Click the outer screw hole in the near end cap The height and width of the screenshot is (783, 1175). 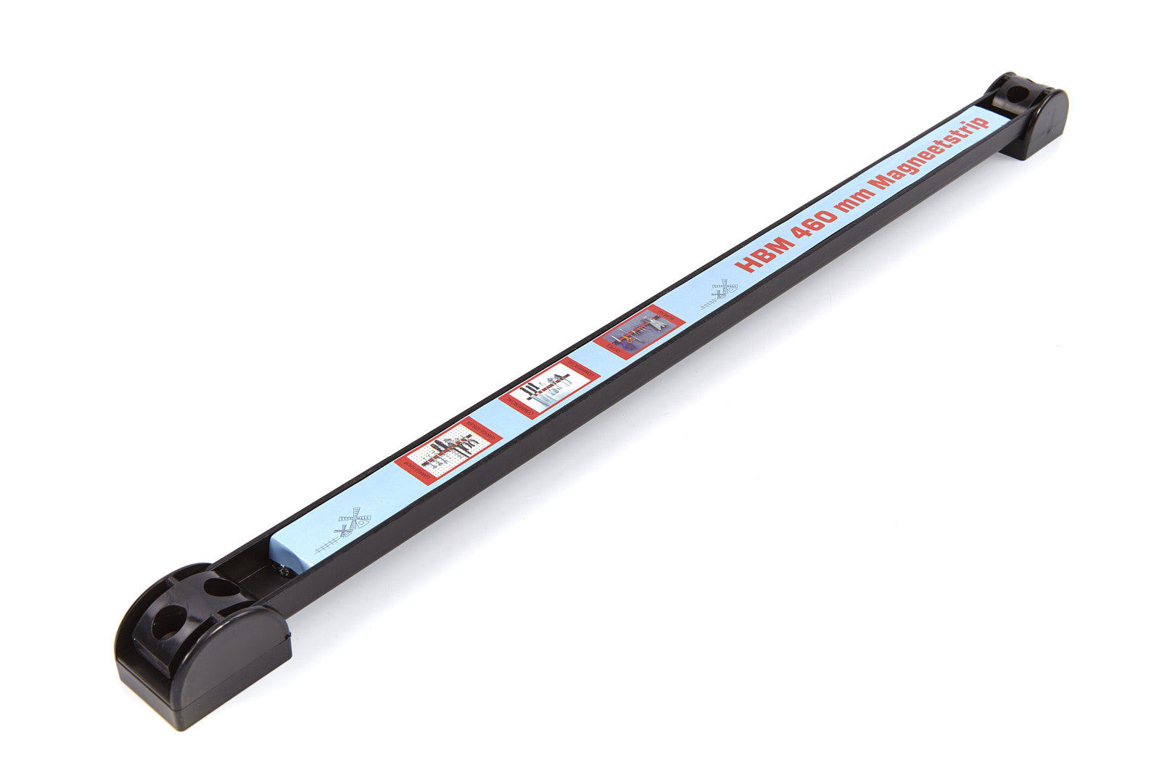(x=168, y=622)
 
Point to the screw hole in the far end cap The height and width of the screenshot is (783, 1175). (x=1018, y=95)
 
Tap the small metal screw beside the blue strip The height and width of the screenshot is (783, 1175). (x=285, y=571)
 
